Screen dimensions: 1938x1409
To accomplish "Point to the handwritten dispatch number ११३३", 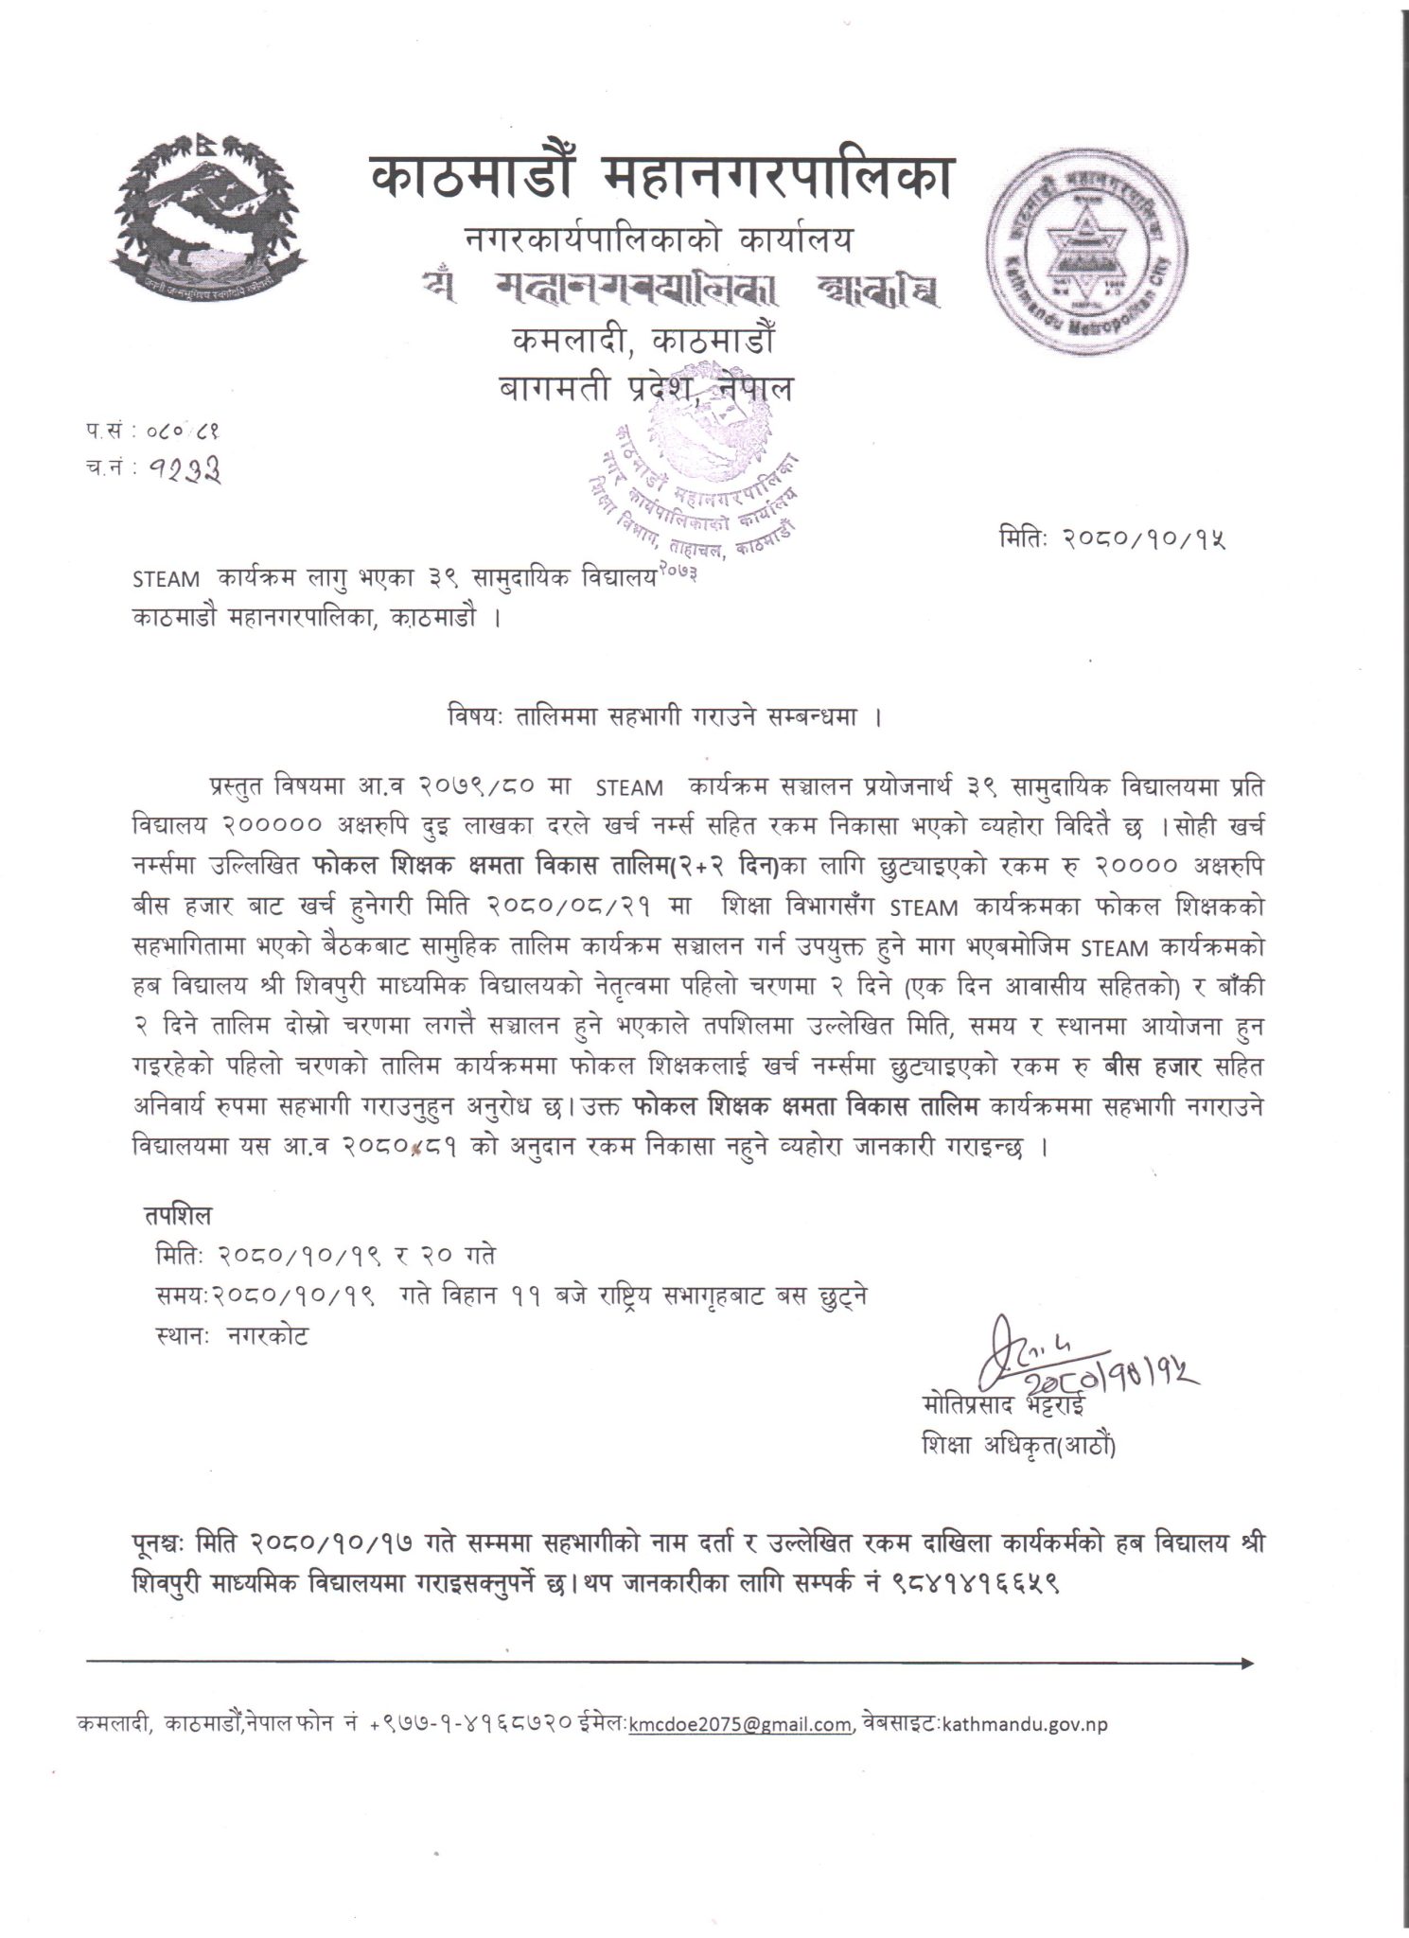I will pos(185,467).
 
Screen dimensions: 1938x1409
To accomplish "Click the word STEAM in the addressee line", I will pos(167,578).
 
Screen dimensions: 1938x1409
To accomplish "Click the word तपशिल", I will pos(179,1214).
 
